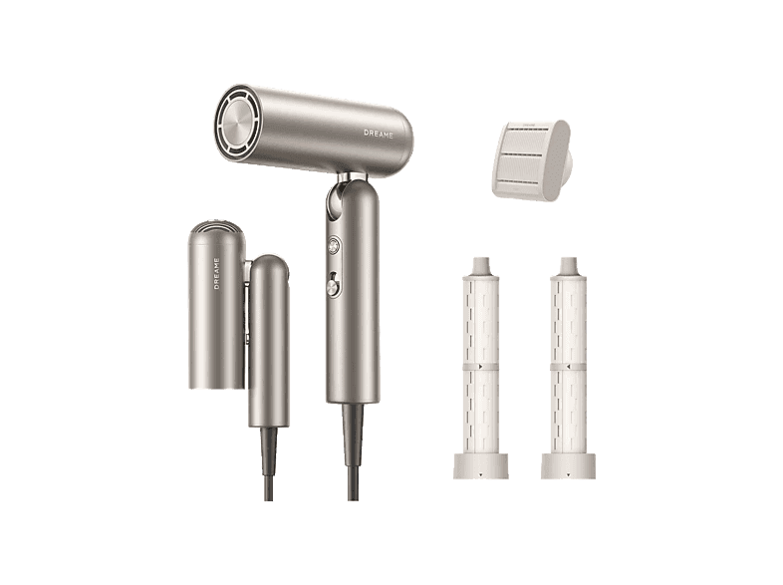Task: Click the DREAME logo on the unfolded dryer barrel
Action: pyautogui.click(x=378, y=134)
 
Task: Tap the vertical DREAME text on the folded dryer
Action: pyautogui.click(x=217, y=273)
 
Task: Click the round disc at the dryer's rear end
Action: pyautogui.click(x=238, y=124)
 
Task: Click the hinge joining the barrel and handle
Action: pyautogui.click(x=352, y=176)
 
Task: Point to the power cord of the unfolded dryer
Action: pyautogui.click(x=353, y=452)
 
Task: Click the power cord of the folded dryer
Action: pyautogui.click(x=269, y=463)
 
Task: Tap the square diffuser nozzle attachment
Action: pyautogui.click(x=531, y=160)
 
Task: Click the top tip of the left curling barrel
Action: pyautogui.click(x=481, y=260)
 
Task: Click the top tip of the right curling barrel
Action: pyautogui.click(x=568, y=260)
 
